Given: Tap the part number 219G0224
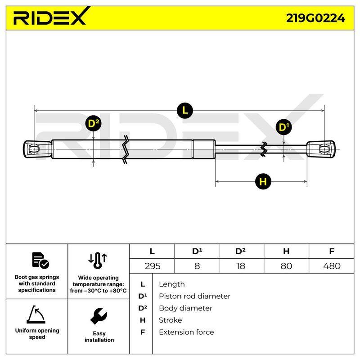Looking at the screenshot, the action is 315,18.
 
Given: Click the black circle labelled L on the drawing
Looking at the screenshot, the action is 185,111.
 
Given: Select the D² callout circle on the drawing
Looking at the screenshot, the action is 94,123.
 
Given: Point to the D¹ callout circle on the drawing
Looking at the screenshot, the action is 284,127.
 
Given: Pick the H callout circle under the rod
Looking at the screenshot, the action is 263,181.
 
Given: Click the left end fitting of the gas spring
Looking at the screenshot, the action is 37,149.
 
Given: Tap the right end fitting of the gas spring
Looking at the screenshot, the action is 321,149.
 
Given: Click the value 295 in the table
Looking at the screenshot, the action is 153,266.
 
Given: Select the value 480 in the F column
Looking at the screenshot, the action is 332,266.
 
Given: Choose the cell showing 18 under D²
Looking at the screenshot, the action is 241,266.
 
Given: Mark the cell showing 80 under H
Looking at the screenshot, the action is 286,266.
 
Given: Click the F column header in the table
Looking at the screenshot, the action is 332,251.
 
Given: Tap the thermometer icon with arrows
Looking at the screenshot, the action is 98,261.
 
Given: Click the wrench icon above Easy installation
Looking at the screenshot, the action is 99,316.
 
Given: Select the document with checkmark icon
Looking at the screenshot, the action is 40,261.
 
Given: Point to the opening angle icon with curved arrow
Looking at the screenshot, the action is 36,314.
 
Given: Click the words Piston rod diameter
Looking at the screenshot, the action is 194,296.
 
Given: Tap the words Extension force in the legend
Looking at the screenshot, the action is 186,332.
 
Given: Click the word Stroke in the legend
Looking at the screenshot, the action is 171,320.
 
